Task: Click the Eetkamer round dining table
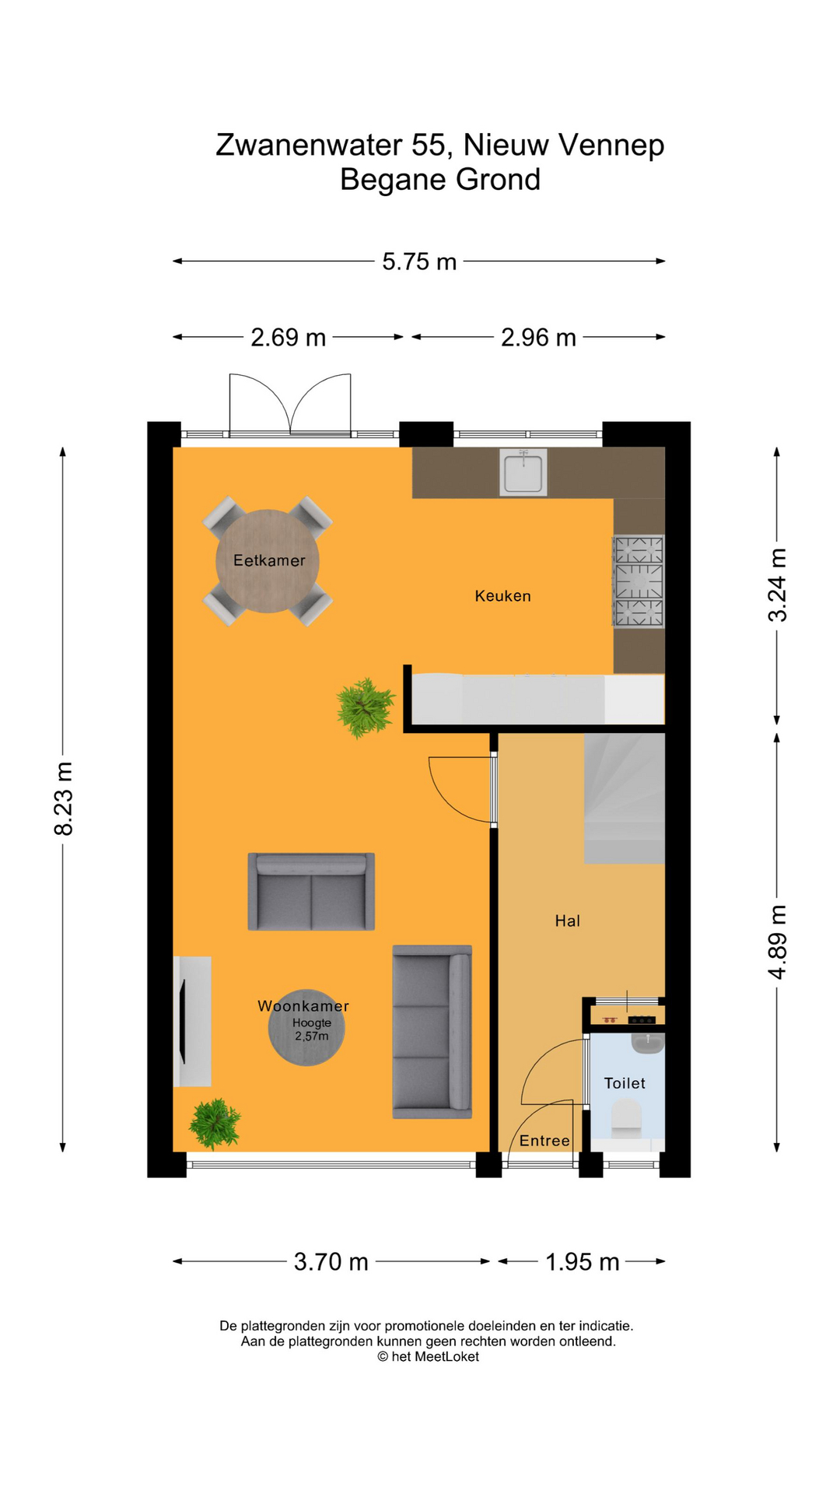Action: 267,561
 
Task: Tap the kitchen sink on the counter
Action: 523,473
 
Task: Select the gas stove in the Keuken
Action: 639,581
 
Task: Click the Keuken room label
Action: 502,596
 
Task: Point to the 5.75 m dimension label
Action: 418,261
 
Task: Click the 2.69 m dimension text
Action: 288,338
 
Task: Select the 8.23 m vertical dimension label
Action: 64,799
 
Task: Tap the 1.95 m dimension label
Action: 582,1261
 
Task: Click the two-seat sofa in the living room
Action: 311,892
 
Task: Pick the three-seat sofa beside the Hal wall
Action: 432,1032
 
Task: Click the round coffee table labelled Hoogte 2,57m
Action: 306,1029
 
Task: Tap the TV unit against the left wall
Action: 192,1021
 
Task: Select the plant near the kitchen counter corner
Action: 365,707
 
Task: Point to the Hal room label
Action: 567,921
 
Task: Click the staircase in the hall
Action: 624,799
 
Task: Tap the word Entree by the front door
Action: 544,1141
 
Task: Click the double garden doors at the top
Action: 290,404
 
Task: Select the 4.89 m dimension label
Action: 777,942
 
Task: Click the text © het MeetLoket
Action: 428,1356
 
